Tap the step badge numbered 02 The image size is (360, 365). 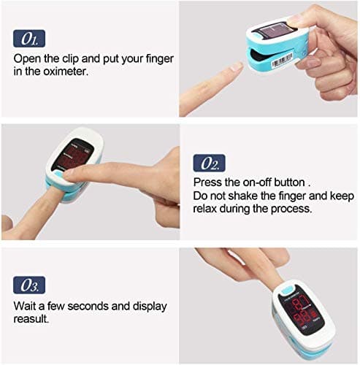pyautogui.click(x=209, y=162)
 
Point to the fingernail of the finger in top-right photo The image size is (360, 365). pyautogui.click(x=237, y=66)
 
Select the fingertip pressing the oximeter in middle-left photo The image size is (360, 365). pyautogui.click(x=71, y=174)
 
